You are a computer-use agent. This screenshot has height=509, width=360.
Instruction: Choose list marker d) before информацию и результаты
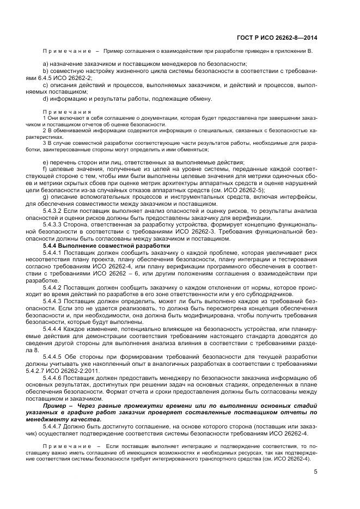(45, 99)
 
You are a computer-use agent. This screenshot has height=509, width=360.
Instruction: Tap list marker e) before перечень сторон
(45, 162)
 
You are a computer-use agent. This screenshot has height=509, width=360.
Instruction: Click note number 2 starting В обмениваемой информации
(44, 131)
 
